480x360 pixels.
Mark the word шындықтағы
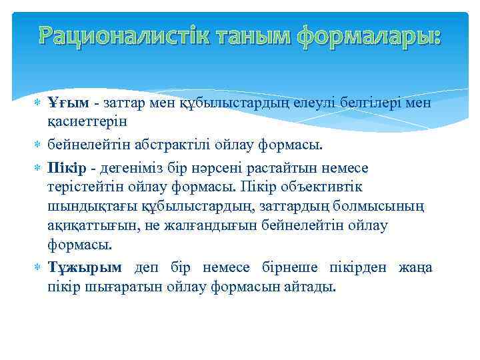(x=85, y=207)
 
